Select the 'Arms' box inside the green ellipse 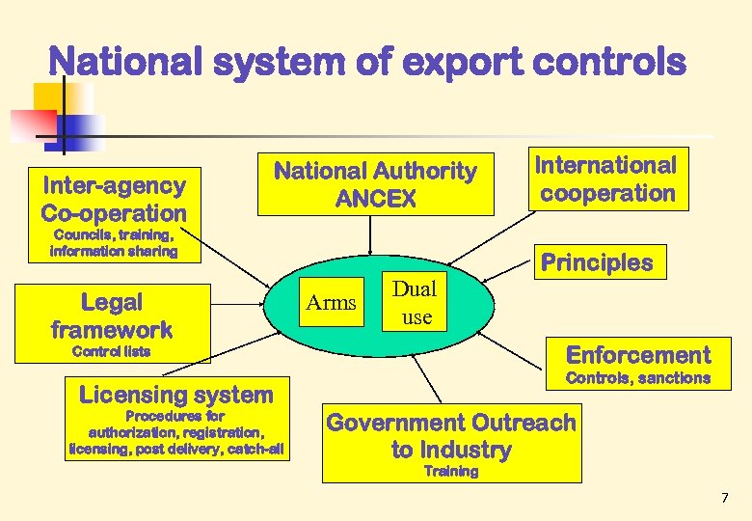pyautogui.click(x=331, y=303)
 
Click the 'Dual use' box pyautogui.click(x=416, y=302)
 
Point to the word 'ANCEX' pyautogui.click(x=376, y=200)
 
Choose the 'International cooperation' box pyautogui.click(x=607, y=179)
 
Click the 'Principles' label pyautogui.click(x=597, y=262)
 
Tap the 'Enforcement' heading pyautogui.click(x=638, y=354)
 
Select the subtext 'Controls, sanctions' pyautogui.click(x=638, y=378)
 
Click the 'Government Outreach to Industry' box pyautogui.click(x=451, y=436)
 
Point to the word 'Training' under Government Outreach pyautogui.click(x=451, y=472)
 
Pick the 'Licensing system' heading pyautogui.click(x=176, y=394)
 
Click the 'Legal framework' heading pyautogui.click(x=112, y=315)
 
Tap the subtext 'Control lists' pyautogui.click(x=112, y=351)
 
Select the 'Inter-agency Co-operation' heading pyautogui.click(x=114, y=198)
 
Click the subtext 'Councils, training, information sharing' pyautogui.click(x=114, y=243)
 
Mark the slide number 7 pyautogui.click(x=725, y=498)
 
